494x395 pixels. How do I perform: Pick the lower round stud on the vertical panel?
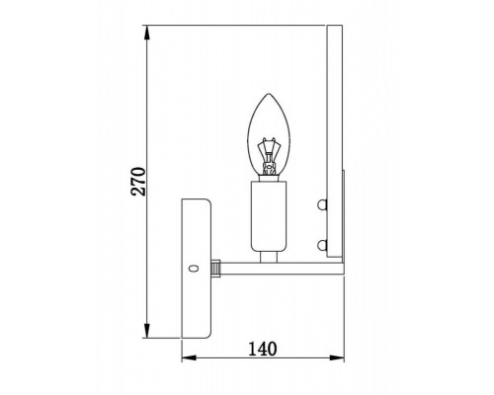pos(321,243)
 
